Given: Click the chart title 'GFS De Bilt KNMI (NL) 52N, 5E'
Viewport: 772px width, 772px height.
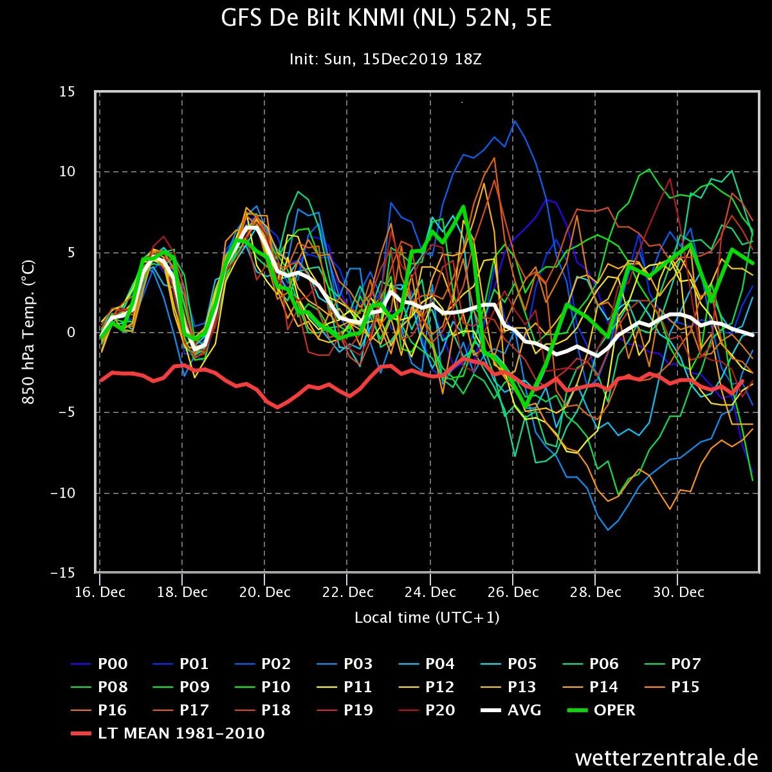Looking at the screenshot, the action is tap(386, 18).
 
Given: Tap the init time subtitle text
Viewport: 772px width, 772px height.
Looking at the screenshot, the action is tap(385, 59).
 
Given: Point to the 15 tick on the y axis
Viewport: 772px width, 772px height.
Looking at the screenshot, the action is tap(68, 92).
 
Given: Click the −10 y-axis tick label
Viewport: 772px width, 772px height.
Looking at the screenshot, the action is tap(63, 493).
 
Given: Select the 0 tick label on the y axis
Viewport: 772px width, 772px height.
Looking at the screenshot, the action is tap(71, 332).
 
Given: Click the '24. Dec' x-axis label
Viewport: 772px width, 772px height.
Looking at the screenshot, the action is tap(430, 592).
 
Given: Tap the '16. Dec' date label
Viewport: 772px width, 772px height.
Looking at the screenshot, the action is tap(100, 592).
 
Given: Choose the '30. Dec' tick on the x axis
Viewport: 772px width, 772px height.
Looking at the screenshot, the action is tap(678, 592).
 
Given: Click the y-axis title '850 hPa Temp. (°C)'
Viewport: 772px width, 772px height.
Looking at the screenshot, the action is tap(28, 332).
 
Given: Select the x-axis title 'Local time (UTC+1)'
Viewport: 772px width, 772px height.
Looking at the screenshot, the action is tap(427, 618).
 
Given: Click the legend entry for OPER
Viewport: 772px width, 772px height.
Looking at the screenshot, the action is tap(602, 710).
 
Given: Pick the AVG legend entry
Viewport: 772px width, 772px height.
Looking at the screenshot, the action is tap(510, 710).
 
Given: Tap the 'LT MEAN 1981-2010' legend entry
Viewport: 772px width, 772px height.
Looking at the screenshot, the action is tap(168, 733).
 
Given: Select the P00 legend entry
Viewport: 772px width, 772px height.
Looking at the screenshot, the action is tap(99, 664).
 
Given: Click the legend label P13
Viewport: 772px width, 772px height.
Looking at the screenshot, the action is tap(508, 687).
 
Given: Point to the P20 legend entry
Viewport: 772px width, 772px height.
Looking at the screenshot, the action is tap(427, 710).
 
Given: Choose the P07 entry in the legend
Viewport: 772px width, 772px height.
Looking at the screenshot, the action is tap(673, 664).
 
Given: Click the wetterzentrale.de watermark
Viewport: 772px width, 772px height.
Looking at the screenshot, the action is tap(666, 758).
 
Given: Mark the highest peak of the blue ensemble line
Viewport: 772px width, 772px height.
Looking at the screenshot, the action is tap(515, 120).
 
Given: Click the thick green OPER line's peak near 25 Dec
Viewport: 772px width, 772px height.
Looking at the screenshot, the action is tap(463, 207).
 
